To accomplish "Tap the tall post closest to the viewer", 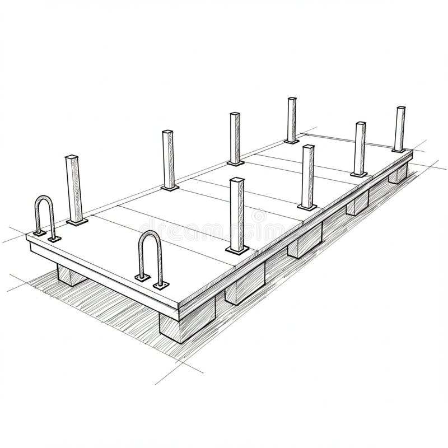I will (237, 216).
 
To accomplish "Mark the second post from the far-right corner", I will (360, 148).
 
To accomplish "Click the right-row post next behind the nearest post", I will (307, 176).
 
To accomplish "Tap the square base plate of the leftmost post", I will (77, 222).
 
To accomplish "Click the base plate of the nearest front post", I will (236, 250).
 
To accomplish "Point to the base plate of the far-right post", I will (399, 150).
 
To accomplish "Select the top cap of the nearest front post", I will (237, 180).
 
